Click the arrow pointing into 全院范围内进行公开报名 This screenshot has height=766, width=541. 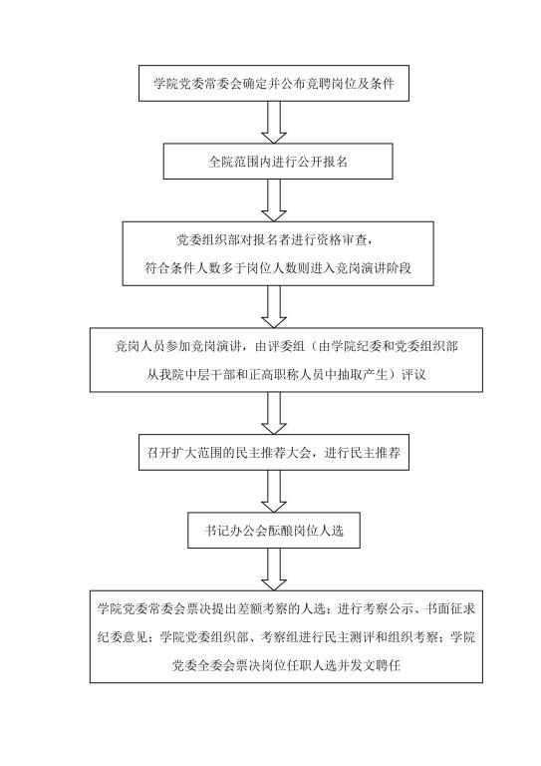click(274, 122)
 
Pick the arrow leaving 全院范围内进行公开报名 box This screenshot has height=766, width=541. click(274, 200)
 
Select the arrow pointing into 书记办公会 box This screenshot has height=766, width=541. click(274, 492)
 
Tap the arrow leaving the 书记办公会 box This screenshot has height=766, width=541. click(274, 570)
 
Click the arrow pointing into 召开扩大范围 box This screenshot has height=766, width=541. click(274, 413)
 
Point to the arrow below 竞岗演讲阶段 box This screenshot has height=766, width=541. click(274, 307)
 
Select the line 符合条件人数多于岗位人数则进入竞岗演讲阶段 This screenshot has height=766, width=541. click(278, 267)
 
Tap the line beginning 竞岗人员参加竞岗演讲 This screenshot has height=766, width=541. click(286, 346)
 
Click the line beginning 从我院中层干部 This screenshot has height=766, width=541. click(286, 375)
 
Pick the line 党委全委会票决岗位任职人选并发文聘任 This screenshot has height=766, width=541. click(286, 665)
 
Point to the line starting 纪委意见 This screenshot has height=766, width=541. click(286, 637)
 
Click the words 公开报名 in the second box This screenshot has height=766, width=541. click(323, 162)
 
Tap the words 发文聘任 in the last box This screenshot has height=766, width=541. click(376, 665)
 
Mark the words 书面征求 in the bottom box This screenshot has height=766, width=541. click(449, 608)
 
